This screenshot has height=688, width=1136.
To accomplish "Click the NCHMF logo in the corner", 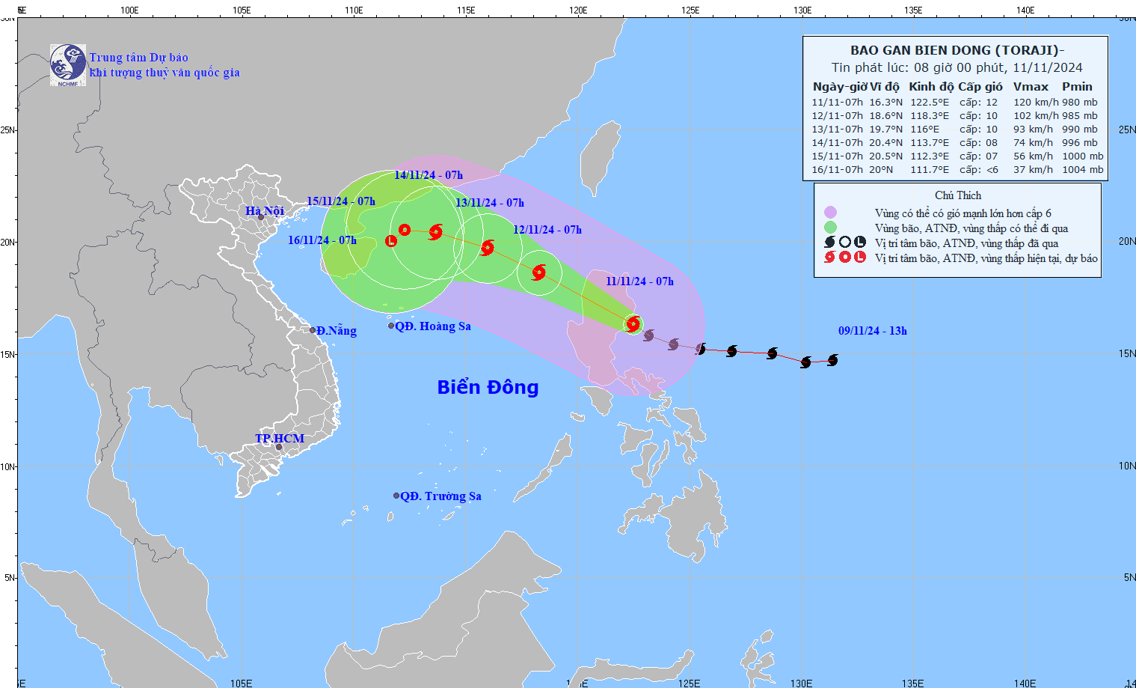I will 68,65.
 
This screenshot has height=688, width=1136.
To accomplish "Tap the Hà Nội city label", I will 265,211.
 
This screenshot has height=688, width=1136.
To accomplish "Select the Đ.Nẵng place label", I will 336,331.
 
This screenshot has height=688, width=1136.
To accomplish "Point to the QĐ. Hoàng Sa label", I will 433,326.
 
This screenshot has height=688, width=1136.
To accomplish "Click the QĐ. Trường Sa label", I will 440,496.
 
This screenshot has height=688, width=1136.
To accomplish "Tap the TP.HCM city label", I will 280,439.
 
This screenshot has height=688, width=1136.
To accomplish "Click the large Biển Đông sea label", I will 488,387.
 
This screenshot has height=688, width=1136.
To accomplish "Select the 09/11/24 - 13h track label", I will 872,331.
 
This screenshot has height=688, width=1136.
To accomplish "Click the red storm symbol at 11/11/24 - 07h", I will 633,324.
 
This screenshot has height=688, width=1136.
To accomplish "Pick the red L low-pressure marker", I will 391,240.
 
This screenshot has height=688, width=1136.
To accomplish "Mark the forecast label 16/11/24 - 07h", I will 322,240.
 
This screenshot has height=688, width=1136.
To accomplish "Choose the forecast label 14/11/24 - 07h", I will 429,175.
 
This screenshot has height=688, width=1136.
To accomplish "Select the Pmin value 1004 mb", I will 1082,170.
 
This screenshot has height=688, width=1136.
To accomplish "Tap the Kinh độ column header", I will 931,87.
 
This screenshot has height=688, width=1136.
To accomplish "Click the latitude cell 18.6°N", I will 885,116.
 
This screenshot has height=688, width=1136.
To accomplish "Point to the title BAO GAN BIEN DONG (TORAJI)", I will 955,51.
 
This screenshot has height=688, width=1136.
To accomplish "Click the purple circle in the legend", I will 830,213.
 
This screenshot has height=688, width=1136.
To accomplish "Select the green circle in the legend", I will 830,228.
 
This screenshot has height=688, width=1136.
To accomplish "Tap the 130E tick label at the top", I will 802,10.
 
